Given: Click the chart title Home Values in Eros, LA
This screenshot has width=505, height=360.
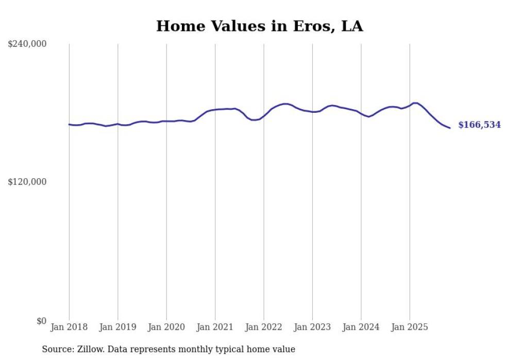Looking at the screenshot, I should (x=259, y=26).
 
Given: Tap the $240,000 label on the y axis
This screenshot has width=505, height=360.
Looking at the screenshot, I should (x=27, y=44).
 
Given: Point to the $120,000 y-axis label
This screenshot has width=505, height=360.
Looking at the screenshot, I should (x=27, y=182).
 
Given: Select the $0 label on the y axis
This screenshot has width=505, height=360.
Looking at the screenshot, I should (x=41, y=321).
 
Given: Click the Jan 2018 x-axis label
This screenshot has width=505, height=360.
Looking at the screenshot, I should (x=69, y=327).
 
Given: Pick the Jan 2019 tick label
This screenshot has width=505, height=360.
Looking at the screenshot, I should (x=117, y=327).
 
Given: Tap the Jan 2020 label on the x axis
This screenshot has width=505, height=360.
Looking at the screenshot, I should (x=166, y=327).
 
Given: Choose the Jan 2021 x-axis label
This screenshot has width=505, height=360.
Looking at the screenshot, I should (x=215, y=327).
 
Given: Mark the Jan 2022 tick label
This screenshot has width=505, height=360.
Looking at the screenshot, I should (x=264, y=327).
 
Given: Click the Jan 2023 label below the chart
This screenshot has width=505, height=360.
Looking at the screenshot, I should (x=312, y=327).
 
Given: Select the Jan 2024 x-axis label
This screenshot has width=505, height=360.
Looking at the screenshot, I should (x=361, y=327).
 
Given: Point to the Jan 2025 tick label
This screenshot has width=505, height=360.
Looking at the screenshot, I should (x=410, y=327).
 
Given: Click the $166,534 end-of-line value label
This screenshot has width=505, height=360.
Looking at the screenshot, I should (x=479, y=125).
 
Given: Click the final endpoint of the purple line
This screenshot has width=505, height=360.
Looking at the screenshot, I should (x=450, y=128).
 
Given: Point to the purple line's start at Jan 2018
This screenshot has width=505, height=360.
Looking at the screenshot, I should (x=69, y=124).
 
